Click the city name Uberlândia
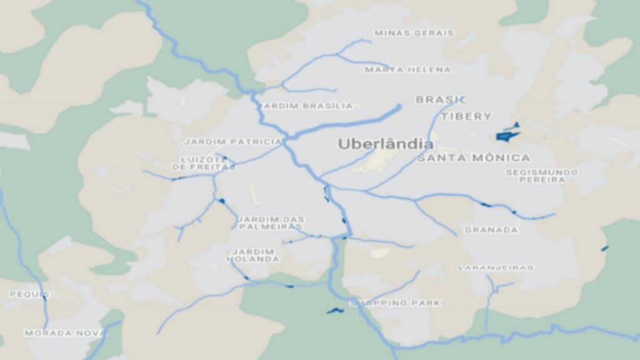click(385, 144)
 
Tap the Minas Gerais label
click(414, 32)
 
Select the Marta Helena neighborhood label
click(407, 69)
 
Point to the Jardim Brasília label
click(308, 106)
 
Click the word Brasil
click(441, 99)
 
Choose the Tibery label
click(466, 116)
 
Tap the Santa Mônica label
click(474, 158)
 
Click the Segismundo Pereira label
click(542, 176)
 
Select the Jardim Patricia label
click(232, 142)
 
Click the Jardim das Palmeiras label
click(271, 222)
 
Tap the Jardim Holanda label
click(253, 255)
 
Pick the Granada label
click(491, 230)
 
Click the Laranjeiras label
click(496, 267)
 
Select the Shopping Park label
click(395, 303)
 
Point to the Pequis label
click(29, 294)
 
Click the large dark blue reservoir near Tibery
click(508, 133)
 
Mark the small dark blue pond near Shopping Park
click(335, 310)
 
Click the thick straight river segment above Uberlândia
click(350, 122)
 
